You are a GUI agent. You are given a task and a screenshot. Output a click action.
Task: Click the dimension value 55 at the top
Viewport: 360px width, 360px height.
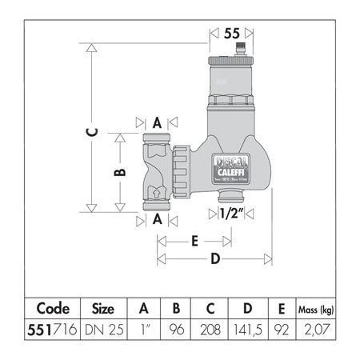tap(231, 34)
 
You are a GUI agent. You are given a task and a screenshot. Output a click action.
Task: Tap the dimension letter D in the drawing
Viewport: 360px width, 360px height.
tap(214, 258)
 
